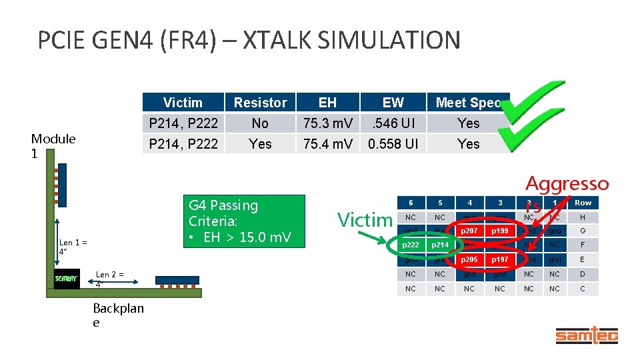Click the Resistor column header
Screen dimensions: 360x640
(260, 103)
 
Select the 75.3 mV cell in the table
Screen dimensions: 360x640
(327, 123)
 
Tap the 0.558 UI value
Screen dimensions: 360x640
(393, 143)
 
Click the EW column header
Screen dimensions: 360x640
(393, 103)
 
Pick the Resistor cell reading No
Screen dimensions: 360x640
(260, 123)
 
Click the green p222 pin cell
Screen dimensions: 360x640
(410, 245)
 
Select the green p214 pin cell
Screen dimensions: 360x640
(439, 245)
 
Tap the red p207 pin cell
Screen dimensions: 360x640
(469, 231)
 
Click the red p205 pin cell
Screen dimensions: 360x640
(469, 259)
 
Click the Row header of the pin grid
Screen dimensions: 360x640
(583, 203)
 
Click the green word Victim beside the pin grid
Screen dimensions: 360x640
(365, 219)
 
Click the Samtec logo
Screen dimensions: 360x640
(587, 335)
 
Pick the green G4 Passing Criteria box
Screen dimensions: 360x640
(243, 220)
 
